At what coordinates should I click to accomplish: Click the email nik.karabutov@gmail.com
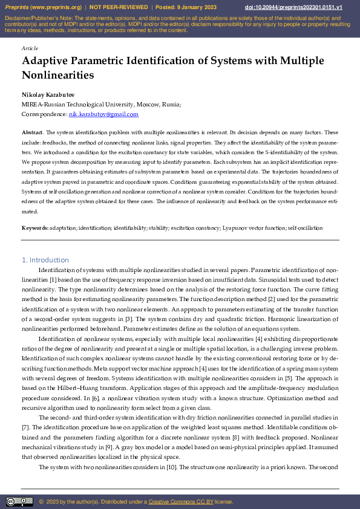(103, 114)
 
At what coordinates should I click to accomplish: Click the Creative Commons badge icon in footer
(19, 502)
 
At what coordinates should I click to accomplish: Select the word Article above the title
(29, 48)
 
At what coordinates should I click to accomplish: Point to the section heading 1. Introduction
(45, 260)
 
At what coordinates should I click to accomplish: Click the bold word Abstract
(32, 132)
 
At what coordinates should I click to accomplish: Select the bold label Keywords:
(35, 228)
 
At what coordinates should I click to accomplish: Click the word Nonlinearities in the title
(58, 76)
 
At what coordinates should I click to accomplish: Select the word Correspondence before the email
(44, 114)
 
